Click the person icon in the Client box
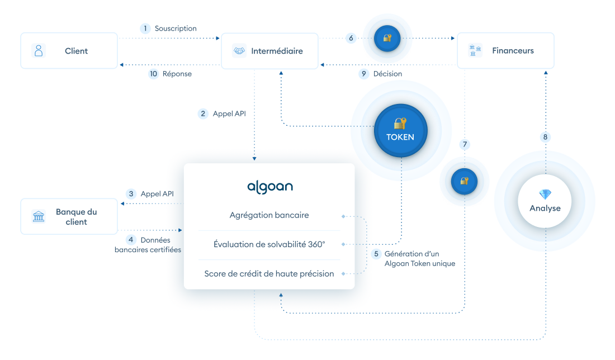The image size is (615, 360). click(39, 50)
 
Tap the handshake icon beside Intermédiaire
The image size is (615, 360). click(239, 50)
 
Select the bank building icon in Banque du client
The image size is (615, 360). click(39, 216)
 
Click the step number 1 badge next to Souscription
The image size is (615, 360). click(145, 29)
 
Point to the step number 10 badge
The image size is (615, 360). click(153, 74)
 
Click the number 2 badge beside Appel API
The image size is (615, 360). click(203, 113)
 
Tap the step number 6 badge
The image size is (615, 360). click(351, 38)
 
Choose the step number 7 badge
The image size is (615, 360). click(465, 144)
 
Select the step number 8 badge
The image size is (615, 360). click(545, 137)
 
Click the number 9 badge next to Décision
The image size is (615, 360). click(364, 74)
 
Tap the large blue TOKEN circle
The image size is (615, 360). click(400, 131)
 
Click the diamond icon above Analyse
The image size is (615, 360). click(545, 194)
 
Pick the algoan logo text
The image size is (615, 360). click(270, 187)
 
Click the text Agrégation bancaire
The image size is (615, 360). click(269, 215)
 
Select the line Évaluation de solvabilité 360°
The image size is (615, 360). click(269, 244)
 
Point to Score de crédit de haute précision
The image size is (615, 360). click(269, 274)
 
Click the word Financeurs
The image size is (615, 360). click(513, 50)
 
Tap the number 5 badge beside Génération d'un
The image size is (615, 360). click(376, 254)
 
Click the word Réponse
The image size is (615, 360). click(177, 74)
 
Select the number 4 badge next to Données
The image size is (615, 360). click(131, 240)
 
